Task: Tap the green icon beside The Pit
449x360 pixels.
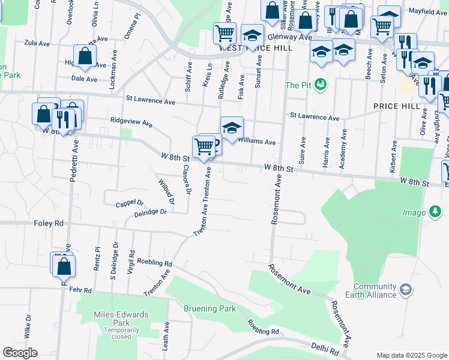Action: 322,85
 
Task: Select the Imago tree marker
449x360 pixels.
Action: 436,212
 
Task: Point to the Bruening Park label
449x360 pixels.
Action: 210,309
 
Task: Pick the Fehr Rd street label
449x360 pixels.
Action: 79,290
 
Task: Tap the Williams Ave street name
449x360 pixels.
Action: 256,142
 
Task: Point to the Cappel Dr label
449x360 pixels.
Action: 130,203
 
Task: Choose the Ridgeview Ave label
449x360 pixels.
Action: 131,122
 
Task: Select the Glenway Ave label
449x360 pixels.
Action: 290,37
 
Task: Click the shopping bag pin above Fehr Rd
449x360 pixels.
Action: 64,265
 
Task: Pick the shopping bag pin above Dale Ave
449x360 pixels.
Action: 85,56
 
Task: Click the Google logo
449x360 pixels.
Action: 20,352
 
